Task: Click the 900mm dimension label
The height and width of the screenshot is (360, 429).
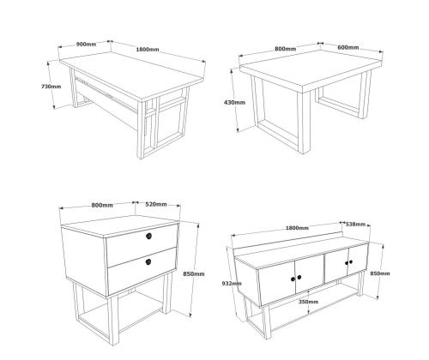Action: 86,45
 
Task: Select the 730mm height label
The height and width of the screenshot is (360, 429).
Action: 51,86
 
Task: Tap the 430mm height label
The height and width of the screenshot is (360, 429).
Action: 234,102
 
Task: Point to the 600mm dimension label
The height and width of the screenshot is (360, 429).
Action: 348,47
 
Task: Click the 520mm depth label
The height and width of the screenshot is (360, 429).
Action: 156,204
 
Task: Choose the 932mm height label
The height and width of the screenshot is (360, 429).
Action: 232,283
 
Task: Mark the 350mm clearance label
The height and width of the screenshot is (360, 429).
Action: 308,302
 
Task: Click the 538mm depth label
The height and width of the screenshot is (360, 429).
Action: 355,225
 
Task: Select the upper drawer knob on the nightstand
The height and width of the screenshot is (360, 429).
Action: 148,236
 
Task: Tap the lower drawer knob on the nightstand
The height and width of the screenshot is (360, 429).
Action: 148,261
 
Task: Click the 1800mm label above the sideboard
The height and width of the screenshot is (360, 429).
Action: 297,228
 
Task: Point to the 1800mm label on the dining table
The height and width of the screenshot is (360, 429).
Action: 148,49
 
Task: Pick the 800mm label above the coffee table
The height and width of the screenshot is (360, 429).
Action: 286,49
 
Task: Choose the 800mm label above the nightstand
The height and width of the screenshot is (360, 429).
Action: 102,205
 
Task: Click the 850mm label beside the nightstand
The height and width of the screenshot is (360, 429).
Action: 194,273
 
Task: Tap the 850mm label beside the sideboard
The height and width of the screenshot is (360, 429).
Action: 380,273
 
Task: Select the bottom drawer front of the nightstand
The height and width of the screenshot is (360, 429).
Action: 142,272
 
